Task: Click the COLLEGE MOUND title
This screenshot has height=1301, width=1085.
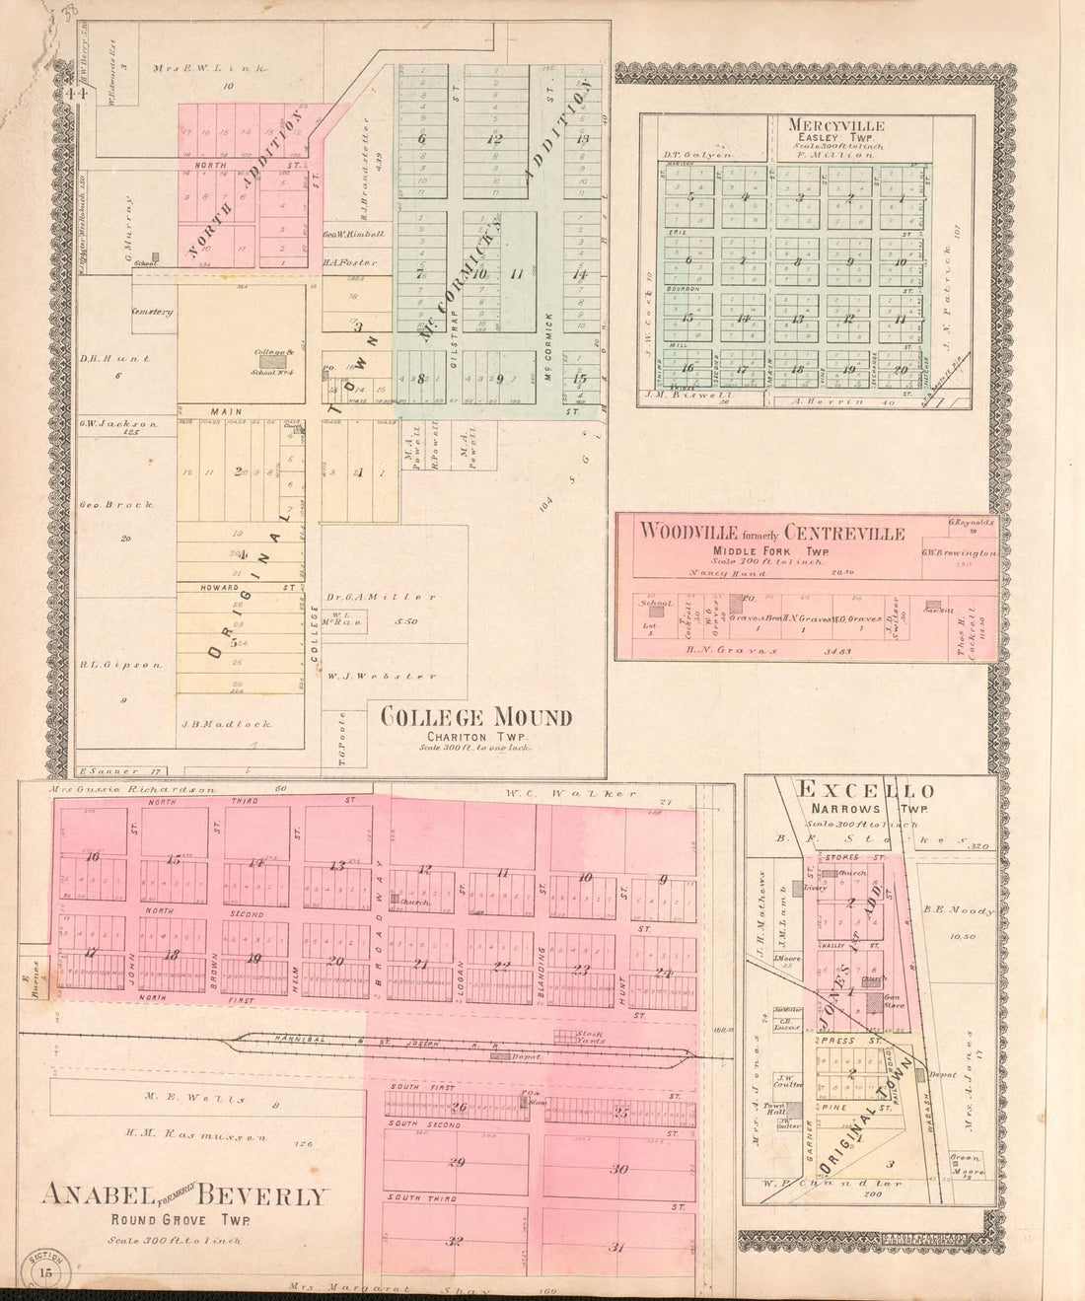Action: coord(475,717)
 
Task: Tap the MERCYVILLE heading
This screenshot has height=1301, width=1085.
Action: coord(835,126)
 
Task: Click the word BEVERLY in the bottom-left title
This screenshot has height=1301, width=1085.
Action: coord(260,1196)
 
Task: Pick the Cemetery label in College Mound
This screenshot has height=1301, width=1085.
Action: coord(153,312)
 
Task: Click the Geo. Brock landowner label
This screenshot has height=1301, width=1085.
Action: coord(116,504)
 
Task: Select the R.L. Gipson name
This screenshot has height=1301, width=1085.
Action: coord(120,665)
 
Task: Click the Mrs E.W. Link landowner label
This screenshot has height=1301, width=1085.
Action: coord(198,68)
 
